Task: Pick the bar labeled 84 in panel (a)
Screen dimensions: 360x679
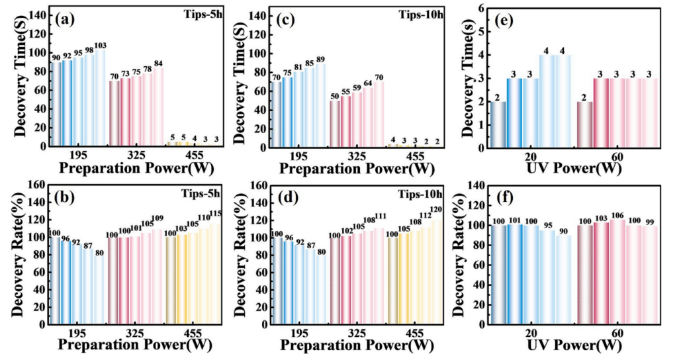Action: [x=158, y=107]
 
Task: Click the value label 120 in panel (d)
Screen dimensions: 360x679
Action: [x=437, y=210]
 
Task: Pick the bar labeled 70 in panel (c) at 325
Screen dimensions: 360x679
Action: [x=379, y=114]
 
